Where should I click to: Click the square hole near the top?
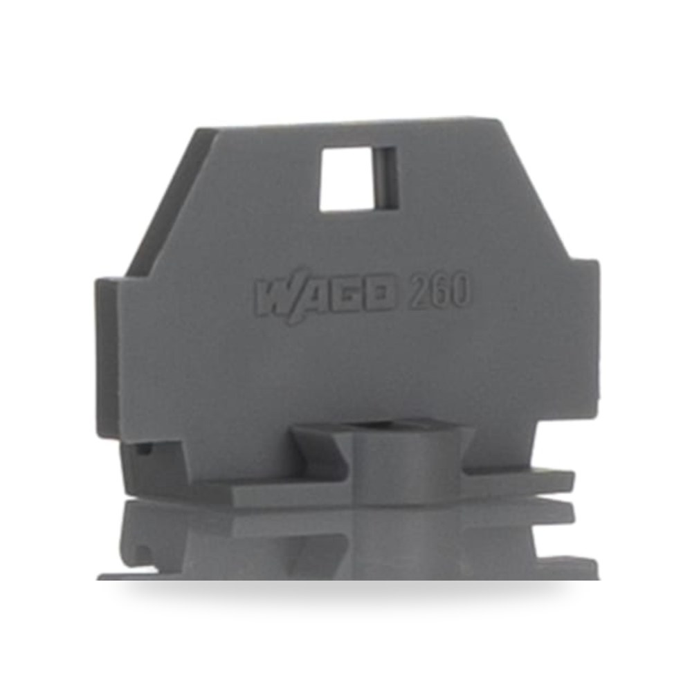pyautogui.click(x=346, y=179)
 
